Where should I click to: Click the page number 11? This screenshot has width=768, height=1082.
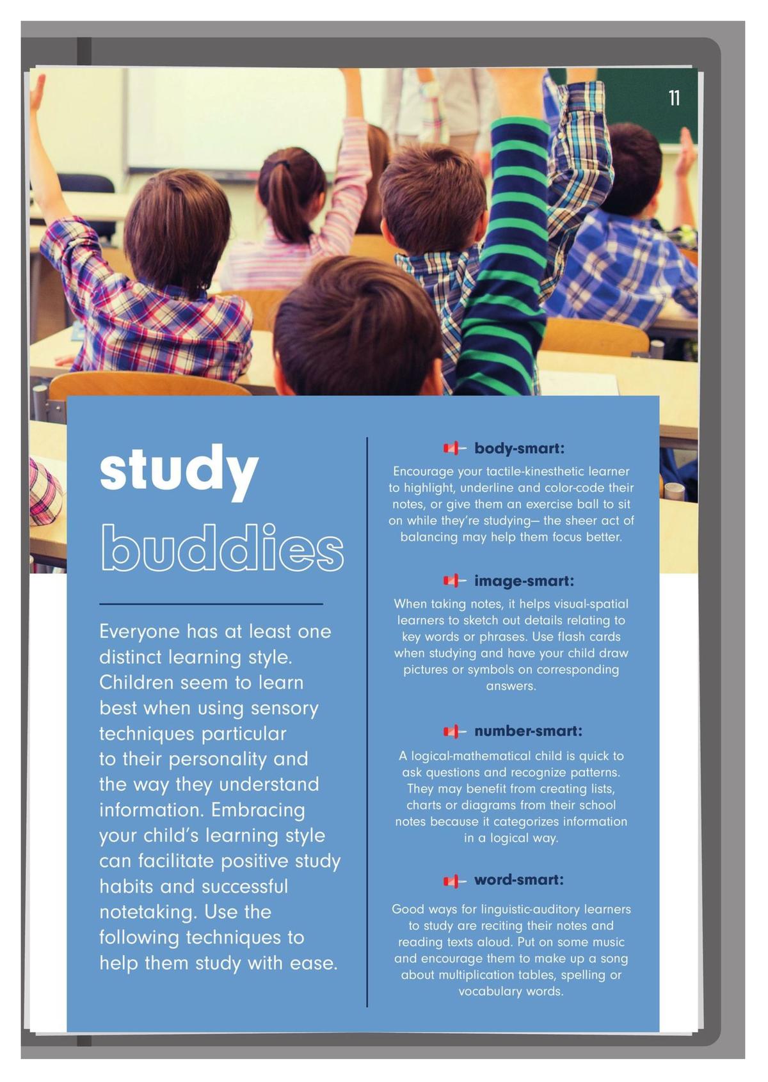674,99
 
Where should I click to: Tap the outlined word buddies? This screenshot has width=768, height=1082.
222,548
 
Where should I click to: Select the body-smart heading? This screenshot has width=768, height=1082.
519,448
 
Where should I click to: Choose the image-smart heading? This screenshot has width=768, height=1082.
524,581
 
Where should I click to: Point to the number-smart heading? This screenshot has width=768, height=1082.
528,731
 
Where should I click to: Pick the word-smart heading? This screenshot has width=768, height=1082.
518,880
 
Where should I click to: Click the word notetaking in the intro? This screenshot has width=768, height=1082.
147,912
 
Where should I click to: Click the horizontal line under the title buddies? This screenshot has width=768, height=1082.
211,603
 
